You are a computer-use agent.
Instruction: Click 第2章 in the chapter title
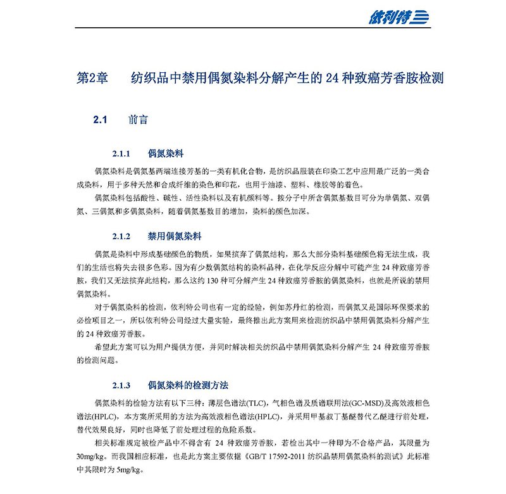[92, 79]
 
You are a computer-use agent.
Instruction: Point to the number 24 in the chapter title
[333, 79]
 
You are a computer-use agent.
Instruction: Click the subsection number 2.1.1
[121, 153]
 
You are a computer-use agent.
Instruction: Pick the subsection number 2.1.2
[121, 236]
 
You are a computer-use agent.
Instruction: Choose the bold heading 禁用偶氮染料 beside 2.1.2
[174, 236]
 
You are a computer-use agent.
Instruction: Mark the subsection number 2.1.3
[121, 385]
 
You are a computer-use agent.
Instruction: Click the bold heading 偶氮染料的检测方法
[188, 385]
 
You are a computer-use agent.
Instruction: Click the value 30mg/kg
[90, 456]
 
